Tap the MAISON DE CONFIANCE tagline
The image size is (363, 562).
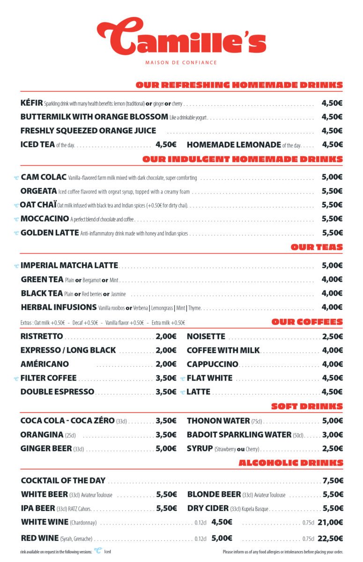[181, 62]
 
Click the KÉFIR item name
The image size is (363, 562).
[31, 103]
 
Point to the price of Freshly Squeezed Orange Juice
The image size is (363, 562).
[332, 131]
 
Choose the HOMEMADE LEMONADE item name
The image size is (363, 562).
[234, 145]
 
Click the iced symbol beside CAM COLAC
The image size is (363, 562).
[16, 177]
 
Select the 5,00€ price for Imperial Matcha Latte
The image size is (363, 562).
[332, 266]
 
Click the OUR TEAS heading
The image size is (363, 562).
[317, 247]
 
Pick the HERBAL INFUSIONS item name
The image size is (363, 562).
[59, 307]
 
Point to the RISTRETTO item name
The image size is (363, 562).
[42, 336]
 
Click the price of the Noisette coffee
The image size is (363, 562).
[332, 336]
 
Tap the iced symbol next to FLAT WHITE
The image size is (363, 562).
[183, 378]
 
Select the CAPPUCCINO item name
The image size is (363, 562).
[212, 364]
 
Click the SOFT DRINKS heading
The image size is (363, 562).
[307, 406]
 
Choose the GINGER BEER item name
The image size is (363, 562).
[46, 448]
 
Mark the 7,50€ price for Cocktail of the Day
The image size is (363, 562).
[333, 481]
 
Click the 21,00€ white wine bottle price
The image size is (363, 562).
[330, 522]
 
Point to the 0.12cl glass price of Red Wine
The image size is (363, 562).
[222, 539]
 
